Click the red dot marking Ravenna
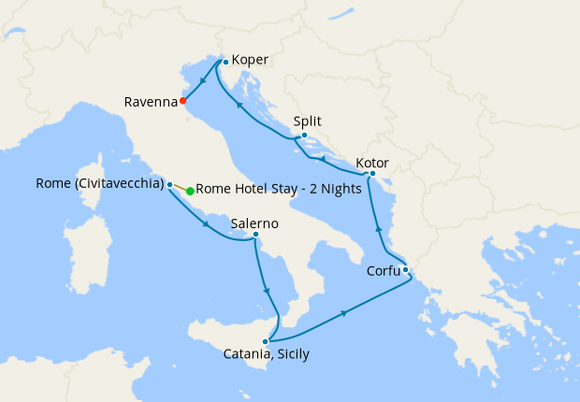[x=183, y=101]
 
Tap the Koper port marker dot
[x=225, y=63]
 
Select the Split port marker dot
[x=304, y=136]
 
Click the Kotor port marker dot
[x=372, y=173]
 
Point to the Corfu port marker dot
[x=405, y=270]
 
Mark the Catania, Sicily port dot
[x=266, y=341]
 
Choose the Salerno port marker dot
[x=255, y=235]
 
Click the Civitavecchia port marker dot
[x=169, y=184]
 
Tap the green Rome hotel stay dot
[x=190, y=192]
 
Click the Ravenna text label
[x=150, y=102]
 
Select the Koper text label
[x=250, y=61]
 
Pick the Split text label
[x=308, y=122]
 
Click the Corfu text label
[x=381, y=274]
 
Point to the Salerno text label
[x=254, y=223]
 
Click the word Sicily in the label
[x=290, y=355]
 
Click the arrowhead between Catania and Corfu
[x=345, y=312]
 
